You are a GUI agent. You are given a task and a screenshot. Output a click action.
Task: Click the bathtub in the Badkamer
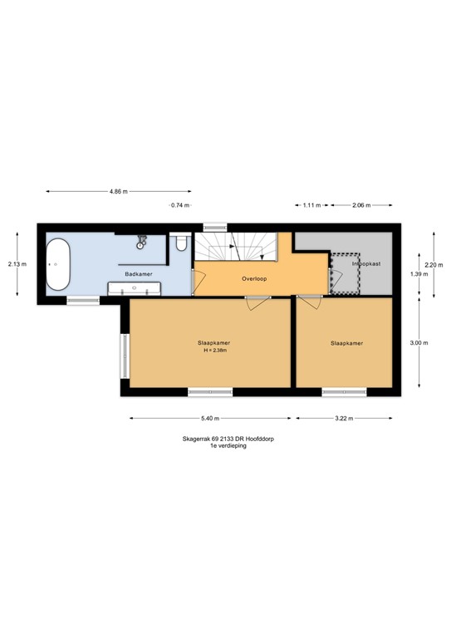58,265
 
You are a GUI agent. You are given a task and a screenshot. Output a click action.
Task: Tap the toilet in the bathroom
182,244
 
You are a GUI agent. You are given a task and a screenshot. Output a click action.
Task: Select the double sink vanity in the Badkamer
134,287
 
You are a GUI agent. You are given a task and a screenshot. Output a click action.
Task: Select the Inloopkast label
365,263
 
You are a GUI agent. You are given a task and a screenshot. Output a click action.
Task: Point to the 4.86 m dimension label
119,192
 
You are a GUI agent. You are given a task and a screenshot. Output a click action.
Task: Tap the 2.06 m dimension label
360,204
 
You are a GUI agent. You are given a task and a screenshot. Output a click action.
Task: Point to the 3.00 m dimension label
419,342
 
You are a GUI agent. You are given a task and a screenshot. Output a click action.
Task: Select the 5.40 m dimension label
208,419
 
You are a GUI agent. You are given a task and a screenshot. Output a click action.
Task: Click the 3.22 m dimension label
344,419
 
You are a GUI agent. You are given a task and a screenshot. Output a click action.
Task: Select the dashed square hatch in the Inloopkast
345,272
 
